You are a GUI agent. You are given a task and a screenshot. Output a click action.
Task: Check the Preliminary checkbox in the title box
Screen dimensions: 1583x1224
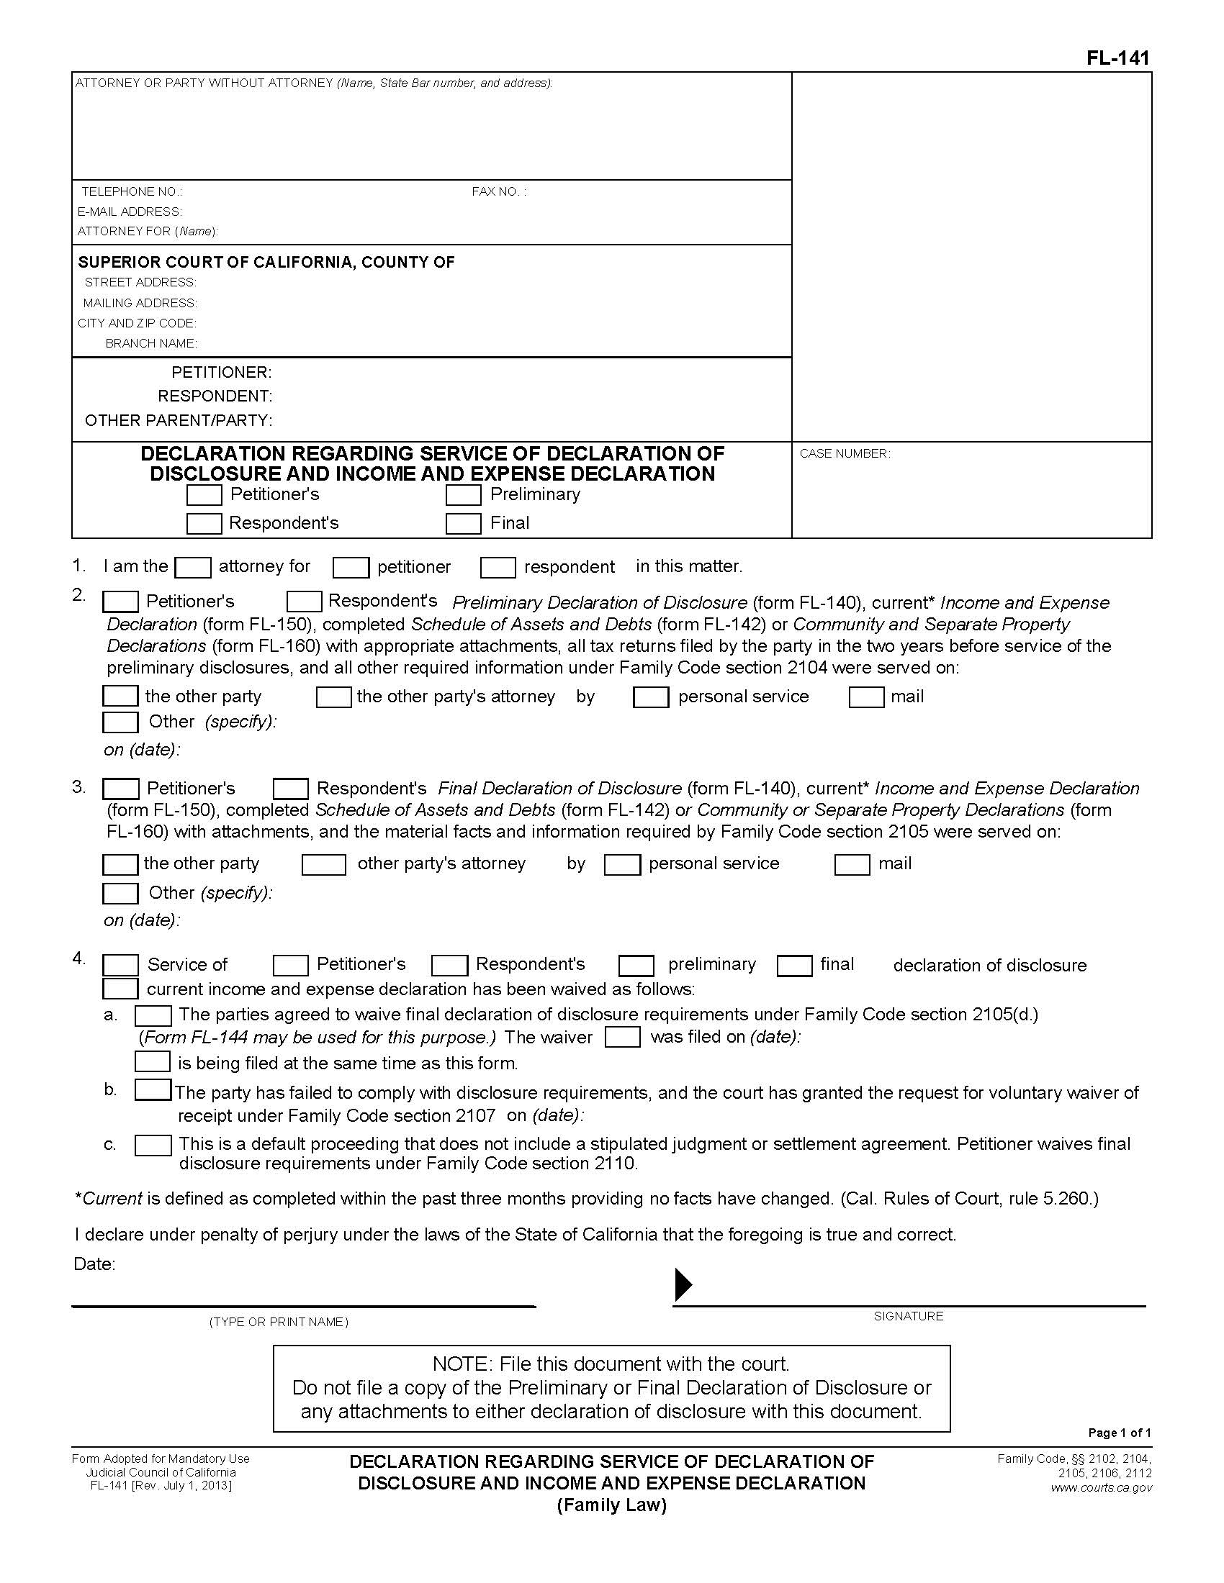464,495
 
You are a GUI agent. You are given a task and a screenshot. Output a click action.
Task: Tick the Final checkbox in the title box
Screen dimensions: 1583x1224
464,523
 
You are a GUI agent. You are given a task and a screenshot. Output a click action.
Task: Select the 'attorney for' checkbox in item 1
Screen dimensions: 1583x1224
194,568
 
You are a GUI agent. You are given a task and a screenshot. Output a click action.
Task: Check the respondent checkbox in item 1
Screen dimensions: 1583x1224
498,568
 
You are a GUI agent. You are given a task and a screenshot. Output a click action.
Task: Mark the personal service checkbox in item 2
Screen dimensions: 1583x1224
650,697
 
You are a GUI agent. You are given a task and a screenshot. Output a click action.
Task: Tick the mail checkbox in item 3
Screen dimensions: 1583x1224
852,865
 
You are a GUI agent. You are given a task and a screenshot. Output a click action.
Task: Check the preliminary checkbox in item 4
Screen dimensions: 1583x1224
636,966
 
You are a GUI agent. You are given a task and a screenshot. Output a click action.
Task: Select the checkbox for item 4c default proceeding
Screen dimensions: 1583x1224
153,1146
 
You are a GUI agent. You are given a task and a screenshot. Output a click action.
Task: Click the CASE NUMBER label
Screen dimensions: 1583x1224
845,454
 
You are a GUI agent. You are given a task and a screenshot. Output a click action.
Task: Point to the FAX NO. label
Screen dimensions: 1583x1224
499,191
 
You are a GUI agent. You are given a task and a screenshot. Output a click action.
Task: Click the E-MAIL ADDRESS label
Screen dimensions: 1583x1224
130,212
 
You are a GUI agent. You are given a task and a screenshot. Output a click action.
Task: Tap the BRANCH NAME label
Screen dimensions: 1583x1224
150,343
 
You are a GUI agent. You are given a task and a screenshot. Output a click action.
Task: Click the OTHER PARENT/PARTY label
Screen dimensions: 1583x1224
179,420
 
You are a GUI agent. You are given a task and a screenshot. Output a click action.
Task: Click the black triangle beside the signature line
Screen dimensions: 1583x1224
683,1284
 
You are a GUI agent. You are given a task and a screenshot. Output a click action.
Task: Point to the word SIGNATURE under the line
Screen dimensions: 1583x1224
908,1315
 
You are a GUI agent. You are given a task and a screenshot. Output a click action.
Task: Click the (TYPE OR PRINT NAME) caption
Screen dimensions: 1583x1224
279,1322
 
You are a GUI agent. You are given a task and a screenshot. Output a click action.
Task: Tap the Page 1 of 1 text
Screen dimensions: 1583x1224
1119,1432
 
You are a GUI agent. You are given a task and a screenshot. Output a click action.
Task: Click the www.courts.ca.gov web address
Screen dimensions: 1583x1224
1101,1487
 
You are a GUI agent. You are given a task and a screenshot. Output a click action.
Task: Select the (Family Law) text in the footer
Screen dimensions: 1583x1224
611,1505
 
